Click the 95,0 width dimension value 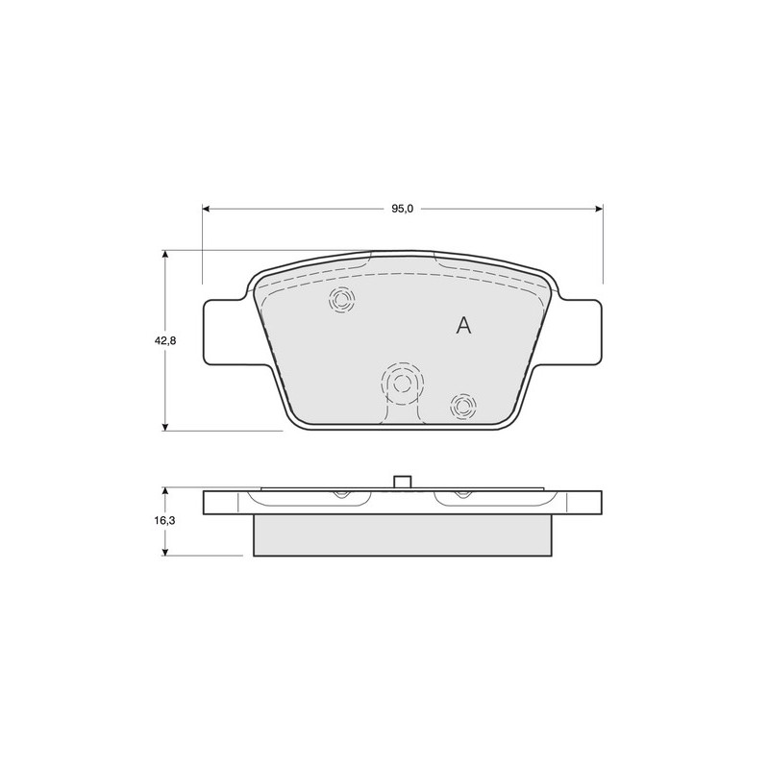(x=402, y=209)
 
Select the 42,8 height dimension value (x=165, y=340)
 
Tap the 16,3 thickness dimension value (x=165, y=521)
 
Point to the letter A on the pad (x=463, y=325)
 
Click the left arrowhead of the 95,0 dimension (x=207, y=209)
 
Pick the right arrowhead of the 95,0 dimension (x=599, y=209)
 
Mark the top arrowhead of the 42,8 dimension (x=165, y=255)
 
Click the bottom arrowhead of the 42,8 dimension (x=165, y=426)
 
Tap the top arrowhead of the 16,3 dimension (x=165, y=491)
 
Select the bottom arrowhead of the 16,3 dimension (x=165, y=551)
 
